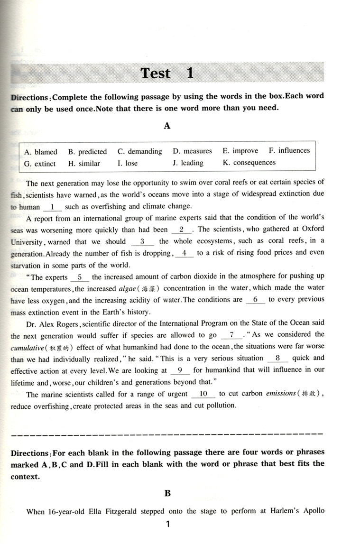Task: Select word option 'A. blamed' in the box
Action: pos(40,152)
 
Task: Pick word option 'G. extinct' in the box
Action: pos(40,164)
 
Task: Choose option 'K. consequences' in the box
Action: pos(249,163)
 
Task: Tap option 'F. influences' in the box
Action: pos(289,151)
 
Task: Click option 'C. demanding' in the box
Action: pos(139,152)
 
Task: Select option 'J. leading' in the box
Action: pos(188,163)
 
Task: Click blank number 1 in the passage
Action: pos(53,206)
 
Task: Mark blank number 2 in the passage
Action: pos(181,229)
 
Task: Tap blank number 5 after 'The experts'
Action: pos(79,277)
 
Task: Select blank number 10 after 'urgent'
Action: pos(203,393)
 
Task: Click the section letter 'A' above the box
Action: pos(167,126)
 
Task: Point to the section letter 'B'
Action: pos(167,493)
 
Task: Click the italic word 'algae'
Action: pos(127,288)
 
